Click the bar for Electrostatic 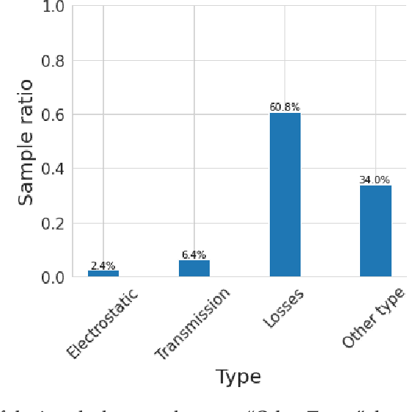coord(103,273)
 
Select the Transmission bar coord(194,268)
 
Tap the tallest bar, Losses coord(285,195)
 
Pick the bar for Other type coord(375,231)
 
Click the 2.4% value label coord(103,265)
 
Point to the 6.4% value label coord(194,255)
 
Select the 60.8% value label coord(285,107)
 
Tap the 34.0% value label coord(375,180)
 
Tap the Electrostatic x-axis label coord(102,325)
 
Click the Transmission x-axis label coord(192,325)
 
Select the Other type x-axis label coord(373,319)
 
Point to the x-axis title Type coord(238,377)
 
